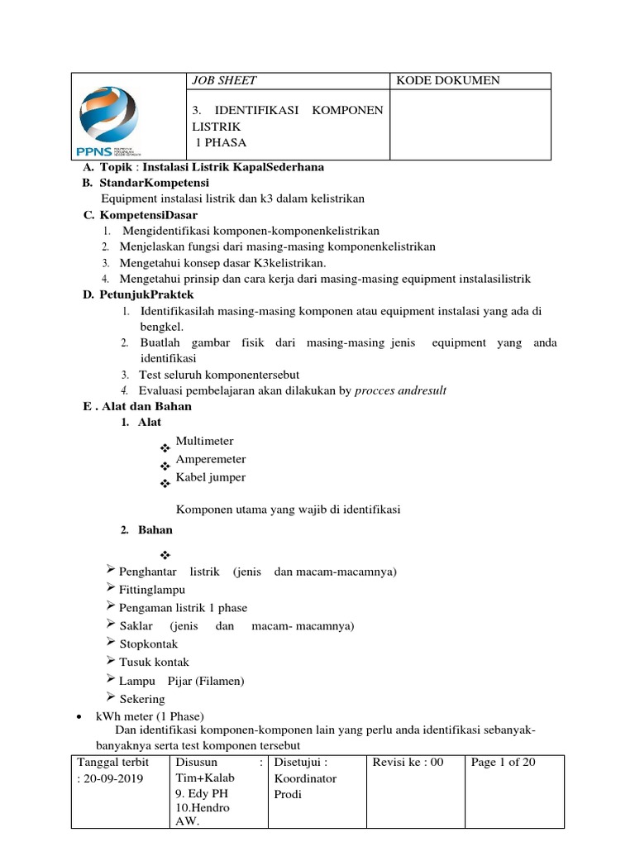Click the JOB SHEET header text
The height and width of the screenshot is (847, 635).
click(x=224, y=80)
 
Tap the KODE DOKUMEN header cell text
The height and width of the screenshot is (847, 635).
click(x=448, y=80)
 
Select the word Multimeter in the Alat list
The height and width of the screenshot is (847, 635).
click(x=205, y=441)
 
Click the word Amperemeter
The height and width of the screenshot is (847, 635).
click(x=211, y=459)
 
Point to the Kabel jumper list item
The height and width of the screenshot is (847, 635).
click(x=211, y=477)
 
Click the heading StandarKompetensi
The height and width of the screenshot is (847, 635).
click(x=155, y=182)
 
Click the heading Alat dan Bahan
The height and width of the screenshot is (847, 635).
click(x=146, y=406)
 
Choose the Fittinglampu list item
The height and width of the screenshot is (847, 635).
click(x=152, y=590)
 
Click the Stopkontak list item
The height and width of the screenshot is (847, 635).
click(x=148, y=644)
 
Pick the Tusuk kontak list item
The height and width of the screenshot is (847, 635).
click(x=154, y=662)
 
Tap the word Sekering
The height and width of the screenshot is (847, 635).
click(x=142, y=699)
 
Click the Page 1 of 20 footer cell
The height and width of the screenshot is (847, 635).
click(x=503, y=762)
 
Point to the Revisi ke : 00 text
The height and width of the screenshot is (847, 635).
click(x=408, y=762)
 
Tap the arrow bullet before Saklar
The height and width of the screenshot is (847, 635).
click(x=112, y=624)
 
